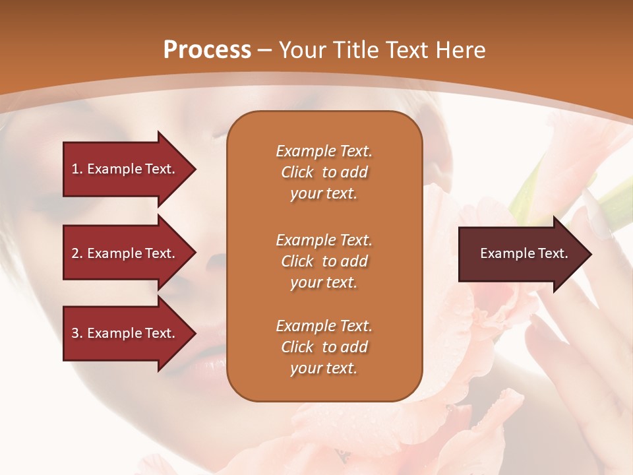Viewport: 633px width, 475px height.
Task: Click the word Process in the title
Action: pyautogui.click(x=207, y=50)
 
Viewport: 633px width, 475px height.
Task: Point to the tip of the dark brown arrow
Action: pyautogui.click(x=590, y=254)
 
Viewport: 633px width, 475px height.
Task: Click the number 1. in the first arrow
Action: pyautogui.click(x=77, y=169)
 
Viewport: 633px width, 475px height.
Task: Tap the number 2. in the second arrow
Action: pyautogui.click(x=77, y=253)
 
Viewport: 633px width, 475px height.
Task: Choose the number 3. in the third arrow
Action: pyautogui.click(x=77, y=333)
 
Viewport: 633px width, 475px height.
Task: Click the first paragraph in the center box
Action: pyautogui.click(x=324, y=172)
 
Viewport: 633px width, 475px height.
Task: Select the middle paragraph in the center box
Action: pyautogui.click(x=324, y=261)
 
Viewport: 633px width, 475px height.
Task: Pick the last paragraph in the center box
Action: pyautogui.click(x=324, y=347)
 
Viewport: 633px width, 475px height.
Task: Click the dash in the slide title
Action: pyautogui.click(x=265, y=51)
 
